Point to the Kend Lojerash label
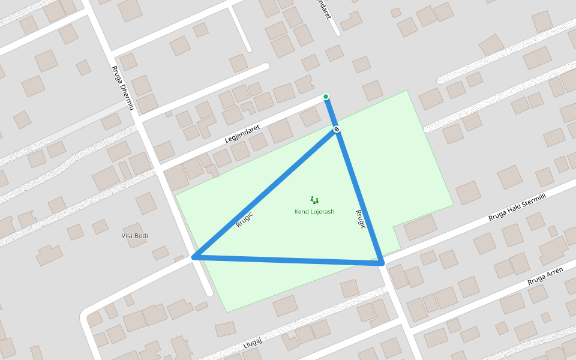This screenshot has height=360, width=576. coord(314,212)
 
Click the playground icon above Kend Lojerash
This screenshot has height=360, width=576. coord(314,200)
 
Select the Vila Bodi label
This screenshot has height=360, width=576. coord(134,236)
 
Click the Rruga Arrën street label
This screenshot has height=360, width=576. coord(545,277)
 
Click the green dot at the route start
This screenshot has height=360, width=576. coord(326,97)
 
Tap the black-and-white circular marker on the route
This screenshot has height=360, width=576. coord(337,129)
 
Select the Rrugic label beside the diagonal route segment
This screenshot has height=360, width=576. coord(244,220)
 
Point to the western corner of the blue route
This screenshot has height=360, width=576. coord(194,257)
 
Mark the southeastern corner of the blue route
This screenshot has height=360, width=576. coord(381,262)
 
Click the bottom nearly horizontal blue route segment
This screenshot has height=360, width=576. coord(288,260)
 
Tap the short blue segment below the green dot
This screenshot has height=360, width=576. coord(331,112)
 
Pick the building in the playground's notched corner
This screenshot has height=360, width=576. coord(420,227)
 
